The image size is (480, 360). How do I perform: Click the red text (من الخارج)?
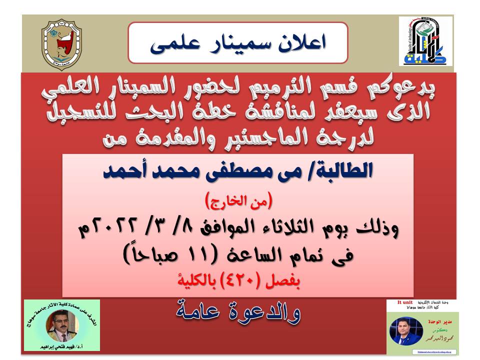pyautogui.click(x=238, y=202)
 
